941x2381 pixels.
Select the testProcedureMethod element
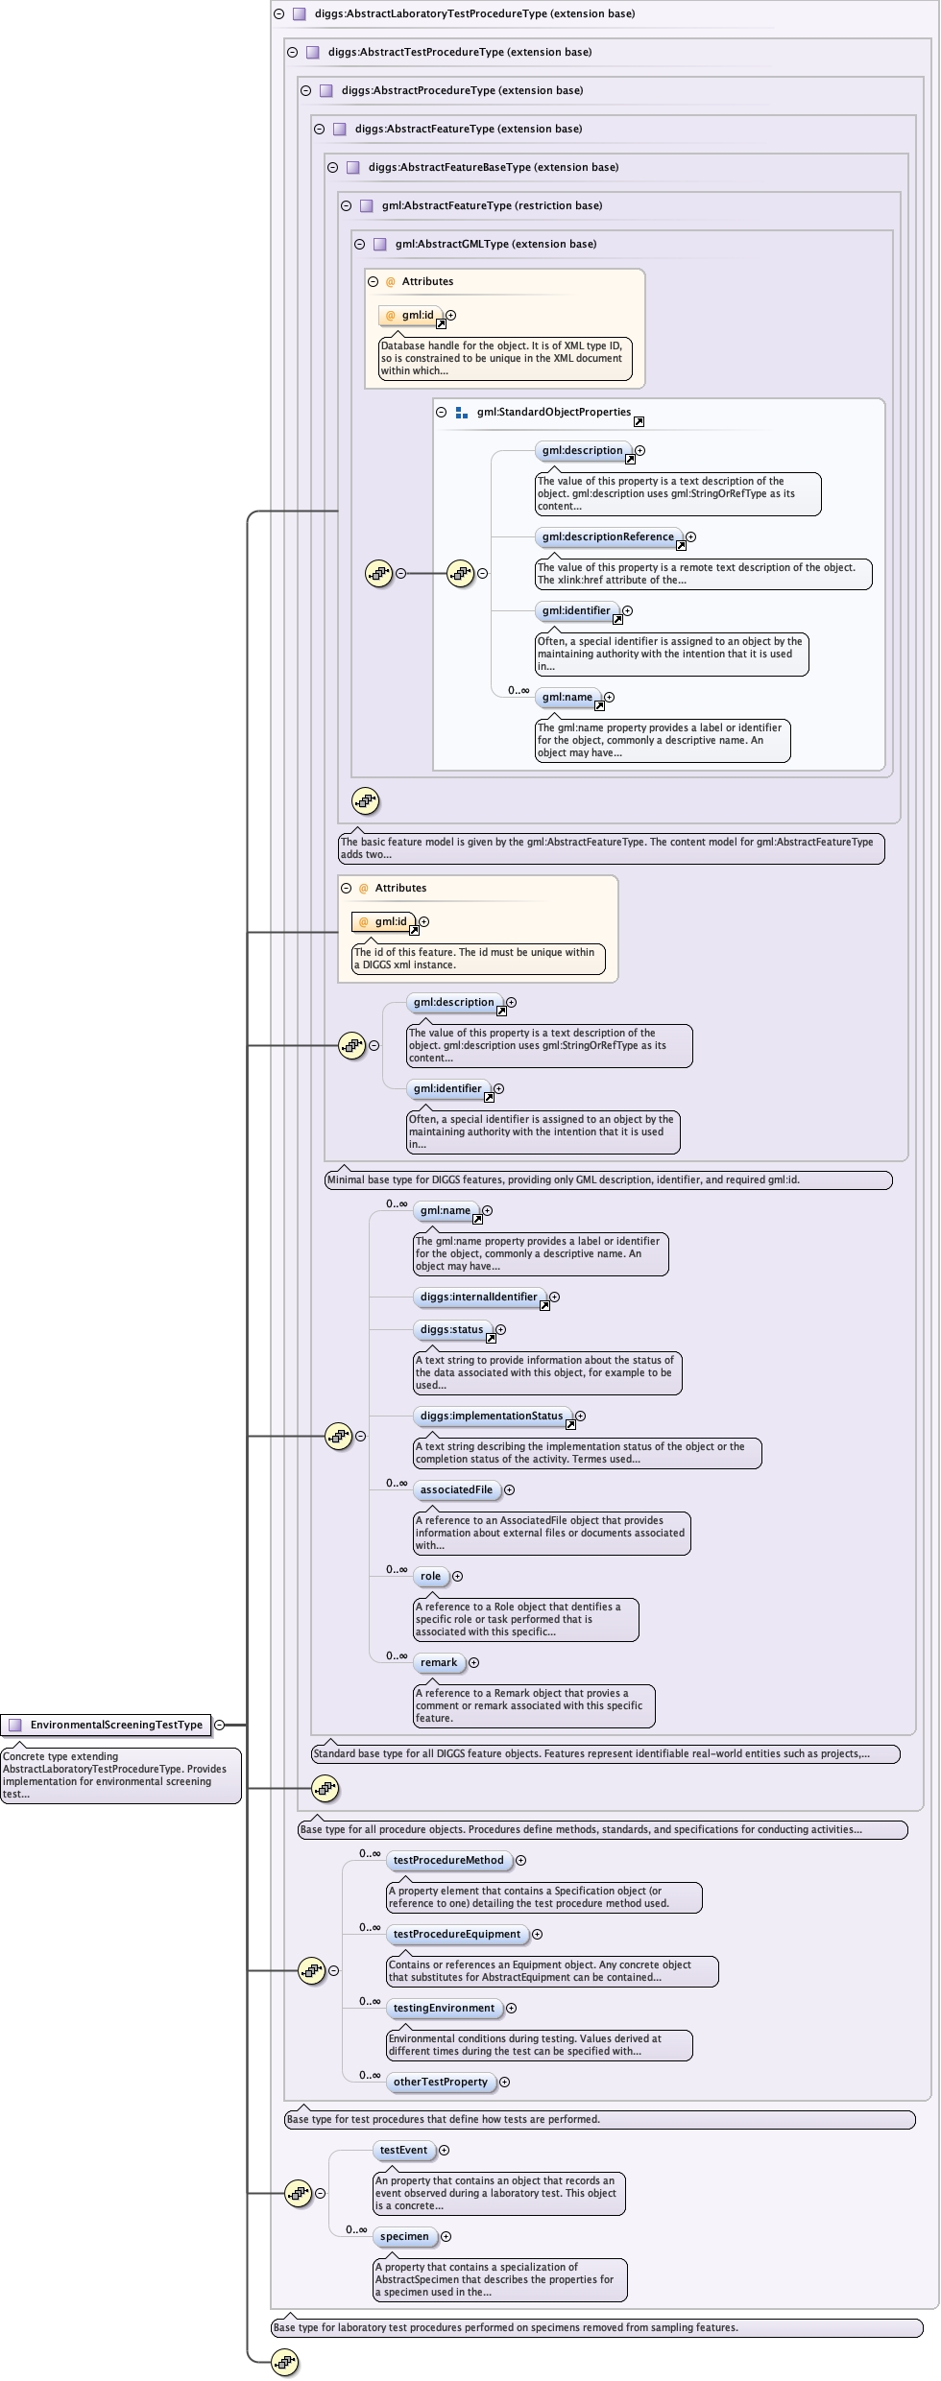[447, 1860]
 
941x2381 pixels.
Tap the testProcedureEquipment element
[456, 1934]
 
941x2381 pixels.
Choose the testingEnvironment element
[444, 2008]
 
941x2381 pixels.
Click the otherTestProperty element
[440, 2082]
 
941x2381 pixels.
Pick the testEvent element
[403, 2150]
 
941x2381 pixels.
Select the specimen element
[404, 2236]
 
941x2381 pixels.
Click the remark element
[439, 1662]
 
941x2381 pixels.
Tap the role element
[430, 1576]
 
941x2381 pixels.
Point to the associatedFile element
[456, 1489]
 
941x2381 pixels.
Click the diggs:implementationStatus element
[492, 1416]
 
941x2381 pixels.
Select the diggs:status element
[451, 1329]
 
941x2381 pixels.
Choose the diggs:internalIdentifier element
[478, 1297]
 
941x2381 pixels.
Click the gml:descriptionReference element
[607, 536]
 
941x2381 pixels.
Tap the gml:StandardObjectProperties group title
[554, 412]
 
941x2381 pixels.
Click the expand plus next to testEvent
[444, 2150]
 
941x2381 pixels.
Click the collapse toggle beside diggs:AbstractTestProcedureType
[293, 52]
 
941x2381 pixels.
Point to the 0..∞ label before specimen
[356, 2229]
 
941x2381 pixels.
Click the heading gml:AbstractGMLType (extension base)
[495, 244]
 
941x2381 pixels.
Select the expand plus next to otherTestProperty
[504, 2082]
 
